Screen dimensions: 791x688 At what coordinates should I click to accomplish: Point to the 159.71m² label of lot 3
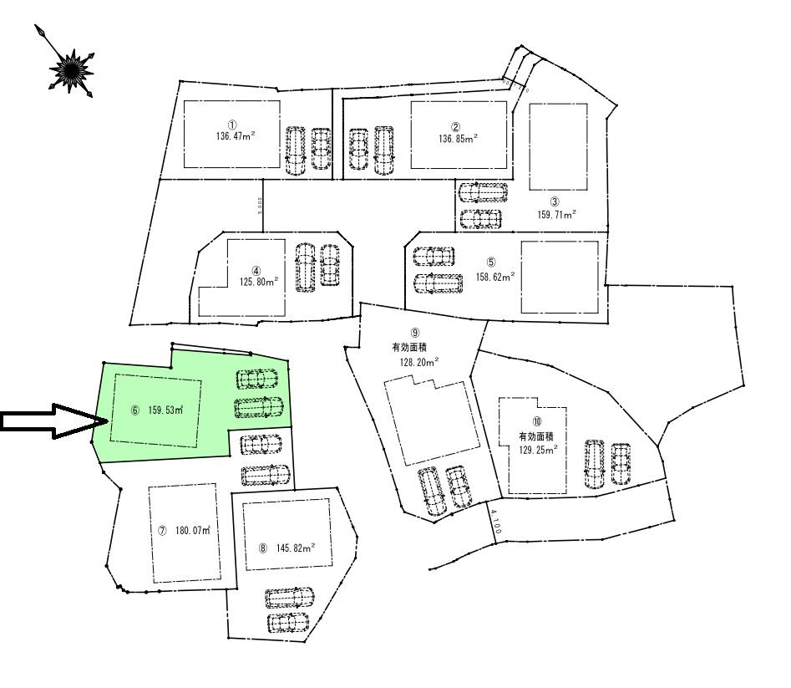(557, 214)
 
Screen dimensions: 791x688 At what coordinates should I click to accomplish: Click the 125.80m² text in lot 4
(258, 281)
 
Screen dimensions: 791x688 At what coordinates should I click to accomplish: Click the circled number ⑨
(415, 333)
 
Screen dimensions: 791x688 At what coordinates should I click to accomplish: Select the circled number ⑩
(537, 422)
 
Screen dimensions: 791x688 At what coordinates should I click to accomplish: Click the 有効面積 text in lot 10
(537, 436)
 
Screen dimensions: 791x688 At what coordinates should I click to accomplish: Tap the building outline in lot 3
(558, 146)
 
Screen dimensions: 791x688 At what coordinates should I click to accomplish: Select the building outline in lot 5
(559, 278)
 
